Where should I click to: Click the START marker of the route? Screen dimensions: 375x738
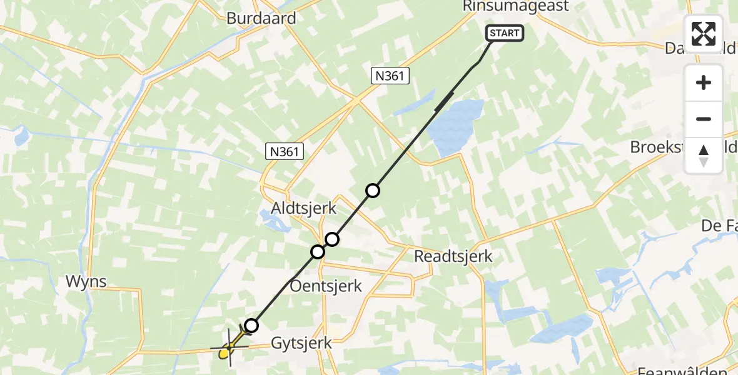tap(504, 33)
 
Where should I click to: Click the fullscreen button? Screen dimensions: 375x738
tap(704, 34)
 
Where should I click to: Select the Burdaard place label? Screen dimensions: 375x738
tap(261, 18)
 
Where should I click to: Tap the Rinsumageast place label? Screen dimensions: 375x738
tap(517, 6)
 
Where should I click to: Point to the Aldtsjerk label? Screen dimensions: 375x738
tap(303, 208)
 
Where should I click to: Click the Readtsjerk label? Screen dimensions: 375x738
tap(453, 256)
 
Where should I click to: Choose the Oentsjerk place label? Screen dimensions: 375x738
tap(326, 286)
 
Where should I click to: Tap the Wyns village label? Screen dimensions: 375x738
tap(86, 282)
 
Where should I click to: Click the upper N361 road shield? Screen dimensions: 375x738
tap(391, 76)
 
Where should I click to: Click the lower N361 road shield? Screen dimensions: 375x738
tap(285, 151)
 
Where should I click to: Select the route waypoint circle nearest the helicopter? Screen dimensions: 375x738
tap(251, 325)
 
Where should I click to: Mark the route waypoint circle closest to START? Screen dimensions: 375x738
tap(373, 190)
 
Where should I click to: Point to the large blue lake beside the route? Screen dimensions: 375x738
tap(457, 128)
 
